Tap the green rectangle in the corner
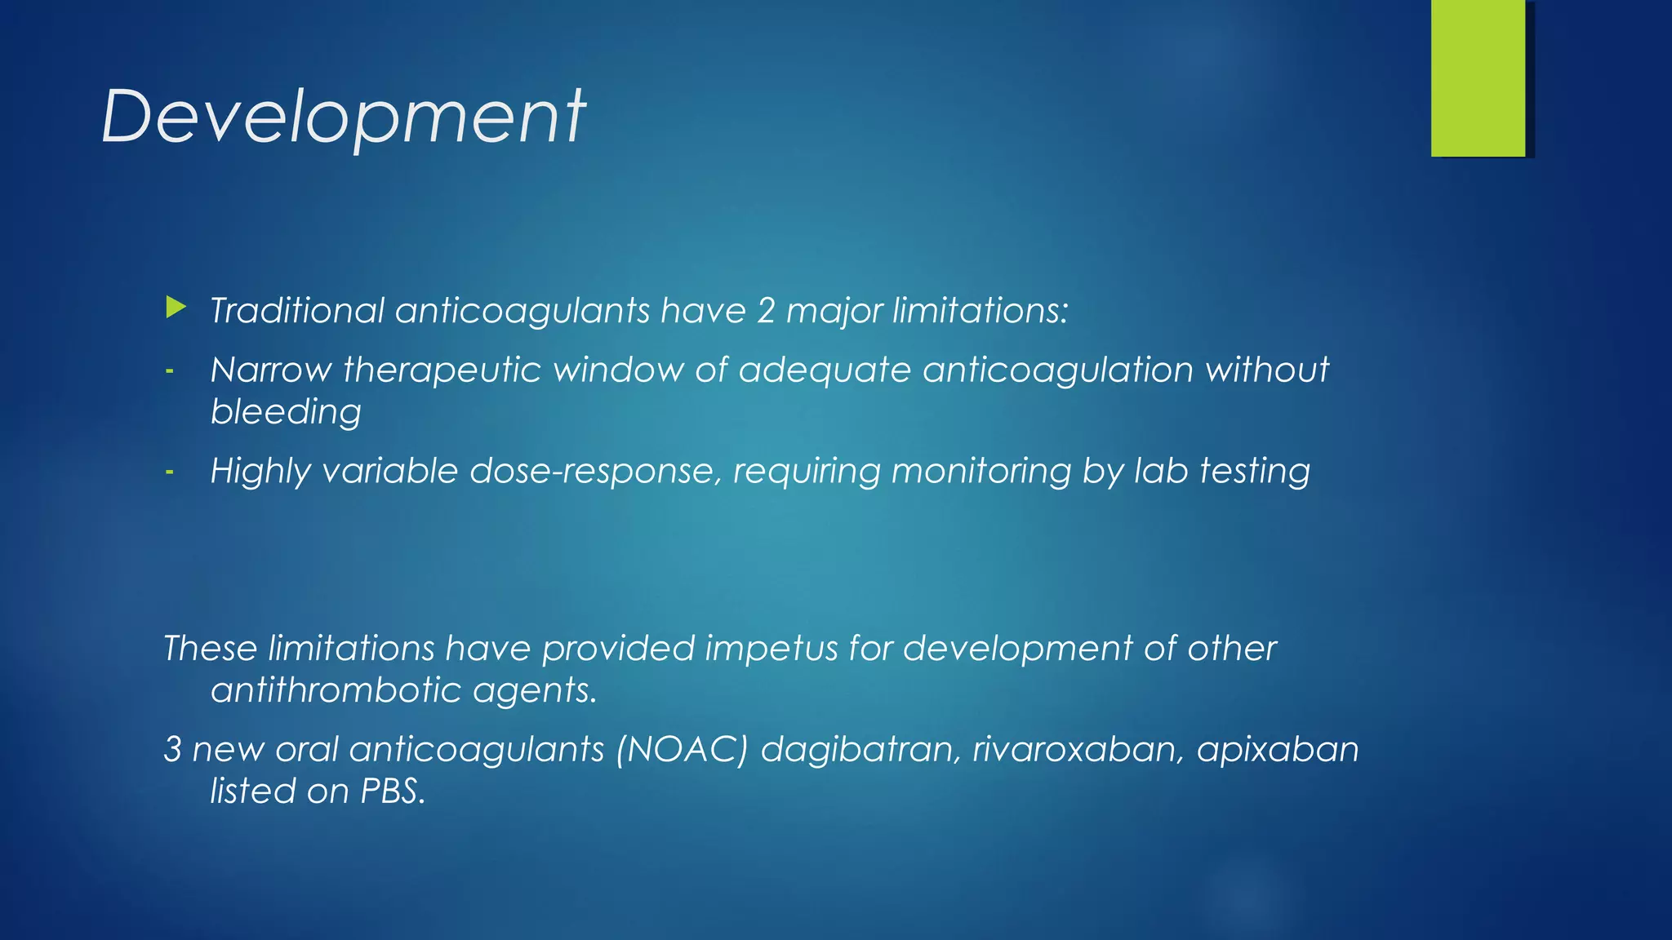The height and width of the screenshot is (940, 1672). pos(1478,78)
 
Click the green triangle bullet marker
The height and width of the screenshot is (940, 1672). pos(176,308)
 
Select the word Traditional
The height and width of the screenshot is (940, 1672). pos(297,311)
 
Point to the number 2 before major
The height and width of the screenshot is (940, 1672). pos(765,311)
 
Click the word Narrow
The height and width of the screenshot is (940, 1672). pos(270,370)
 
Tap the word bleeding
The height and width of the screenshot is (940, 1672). pos(286,412)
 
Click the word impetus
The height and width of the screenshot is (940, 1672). pos(772,649)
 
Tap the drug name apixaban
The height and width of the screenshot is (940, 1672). pos(1277,750)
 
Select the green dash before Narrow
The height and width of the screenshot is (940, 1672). pos(170,371)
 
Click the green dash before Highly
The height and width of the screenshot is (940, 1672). pos(170,472)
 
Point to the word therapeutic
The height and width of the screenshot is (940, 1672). pos(442,370)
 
